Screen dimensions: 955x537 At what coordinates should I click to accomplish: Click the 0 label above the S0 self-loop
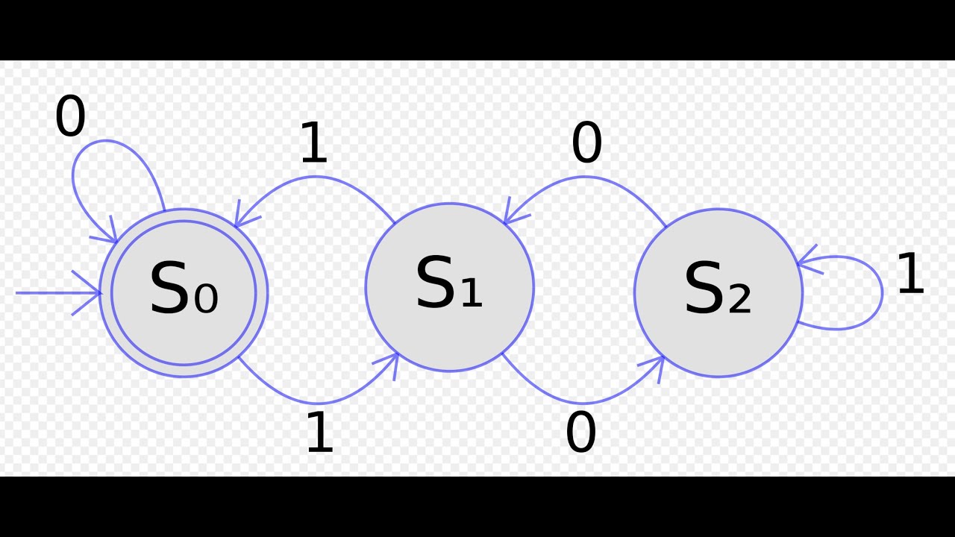[70, 115]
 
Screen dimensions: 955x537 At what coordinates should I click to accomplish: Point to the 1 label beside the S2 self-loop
[911, 273]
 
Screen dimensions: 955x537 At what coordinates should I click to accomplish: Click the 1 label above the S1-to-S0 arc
[314, 142]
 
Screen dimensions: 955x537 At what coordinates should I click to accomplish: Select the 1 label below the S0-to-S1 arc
[320, 431]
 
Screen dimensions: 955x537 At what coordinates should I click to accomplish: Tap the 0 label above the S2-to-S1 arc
[586, 142]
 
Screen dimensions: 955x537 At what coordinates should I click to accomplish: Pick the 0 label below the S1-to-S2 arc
[580, 431]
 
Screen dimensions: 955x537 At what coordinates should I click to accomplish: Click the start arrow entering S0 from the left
[58, 293]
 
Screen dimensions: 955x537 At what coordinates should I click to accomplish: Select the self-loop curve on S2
[882, 293]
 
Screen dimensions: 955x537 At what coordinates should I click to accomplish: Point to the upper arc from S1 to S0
[315, 177]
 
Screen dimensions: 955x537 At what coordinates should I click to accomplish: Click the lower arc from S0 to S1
[318, 403]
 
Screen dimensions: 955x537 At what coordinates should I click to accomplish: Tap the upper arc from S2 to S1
[584, 177]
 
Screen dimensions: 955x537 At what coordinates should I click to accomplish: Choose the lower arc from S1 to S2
[583, 403]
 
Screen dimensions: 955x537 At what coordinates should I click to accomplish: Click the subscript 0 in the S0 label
[206, 299]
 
